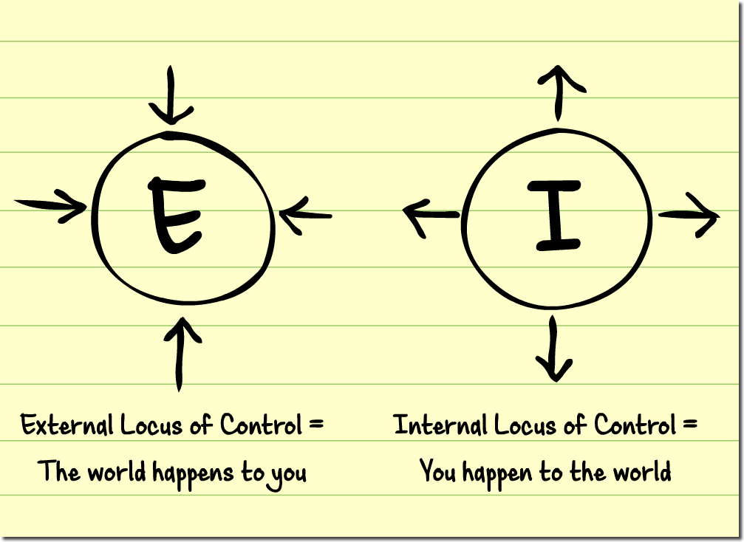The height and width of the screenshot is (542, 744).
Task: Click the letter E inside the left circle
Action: [x=176, y=215]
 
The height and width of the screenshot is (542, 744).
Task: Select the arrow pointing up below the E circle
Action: [x=179, y=352]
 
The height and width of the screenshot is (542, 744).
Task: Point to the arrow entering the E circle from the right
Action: [x=305, y=216]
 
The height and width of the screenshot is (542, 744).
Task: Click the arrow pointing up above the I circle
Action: [x=559, y=92]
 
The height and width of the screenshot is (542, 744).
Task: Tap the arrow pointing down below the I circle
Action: [x=553, y=349]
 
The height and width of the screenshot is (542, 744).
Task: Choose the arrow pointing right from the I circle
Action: [x=688, y=215]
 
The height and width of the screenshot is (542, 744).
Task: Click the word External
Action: [x=67, y=426]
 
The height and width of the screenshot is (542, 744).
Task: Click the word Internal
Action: [x=440, y=426]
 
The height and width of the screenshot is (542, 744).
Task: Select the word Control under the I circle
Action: [x=635, y=426]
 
